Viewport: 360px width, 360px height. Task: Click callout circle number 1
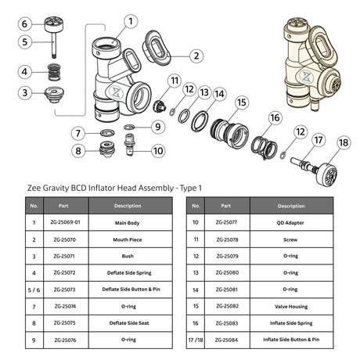(x=131, y=21)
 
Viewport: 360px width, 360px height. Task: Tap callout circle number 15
(x=242, y=103)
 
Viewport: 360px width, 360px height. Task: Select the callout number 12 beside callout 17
(x=301, y=131)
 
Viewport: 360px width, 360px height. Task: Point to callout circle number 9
(x=158, y=127)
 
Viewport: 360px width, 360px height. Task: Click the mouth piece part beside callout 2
(x=156, y=48)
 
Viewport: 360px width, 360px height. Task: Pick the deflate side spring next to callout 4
(x=54, y=72)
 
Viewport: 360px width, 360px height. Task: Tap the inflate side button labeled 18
(x=327, y=173)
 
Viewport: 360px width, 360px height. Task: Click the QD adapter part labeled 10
(x=130, y=145)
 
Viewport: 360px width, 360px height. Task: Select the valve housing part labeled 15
(x=229, y=133)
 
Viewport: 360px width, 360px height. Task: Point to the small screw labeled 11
(x=159, y=106)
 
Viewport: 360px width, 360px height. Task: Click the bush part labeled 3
(x=54, y=95)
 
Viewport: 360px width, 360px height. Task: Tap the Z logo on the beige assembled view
(x=306, y=77)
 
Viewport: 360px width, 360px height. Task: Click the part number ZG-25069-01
(x=66, y=222)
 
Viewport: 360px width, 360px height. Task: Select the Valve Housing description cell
(x=291, y=306)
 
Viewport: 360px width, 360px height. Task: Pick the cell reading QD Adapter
(x=290, y=223)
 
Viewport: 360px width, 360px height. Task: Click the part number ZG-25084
(x=226, y=340)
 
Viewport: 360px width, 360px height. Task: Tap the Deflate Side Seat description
(x=129, y=323)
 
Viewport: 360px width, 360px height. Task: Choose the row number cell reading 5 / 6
(x=34, y=290)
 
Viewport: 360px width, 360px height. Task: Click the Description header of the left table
(x=128, y=206)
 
